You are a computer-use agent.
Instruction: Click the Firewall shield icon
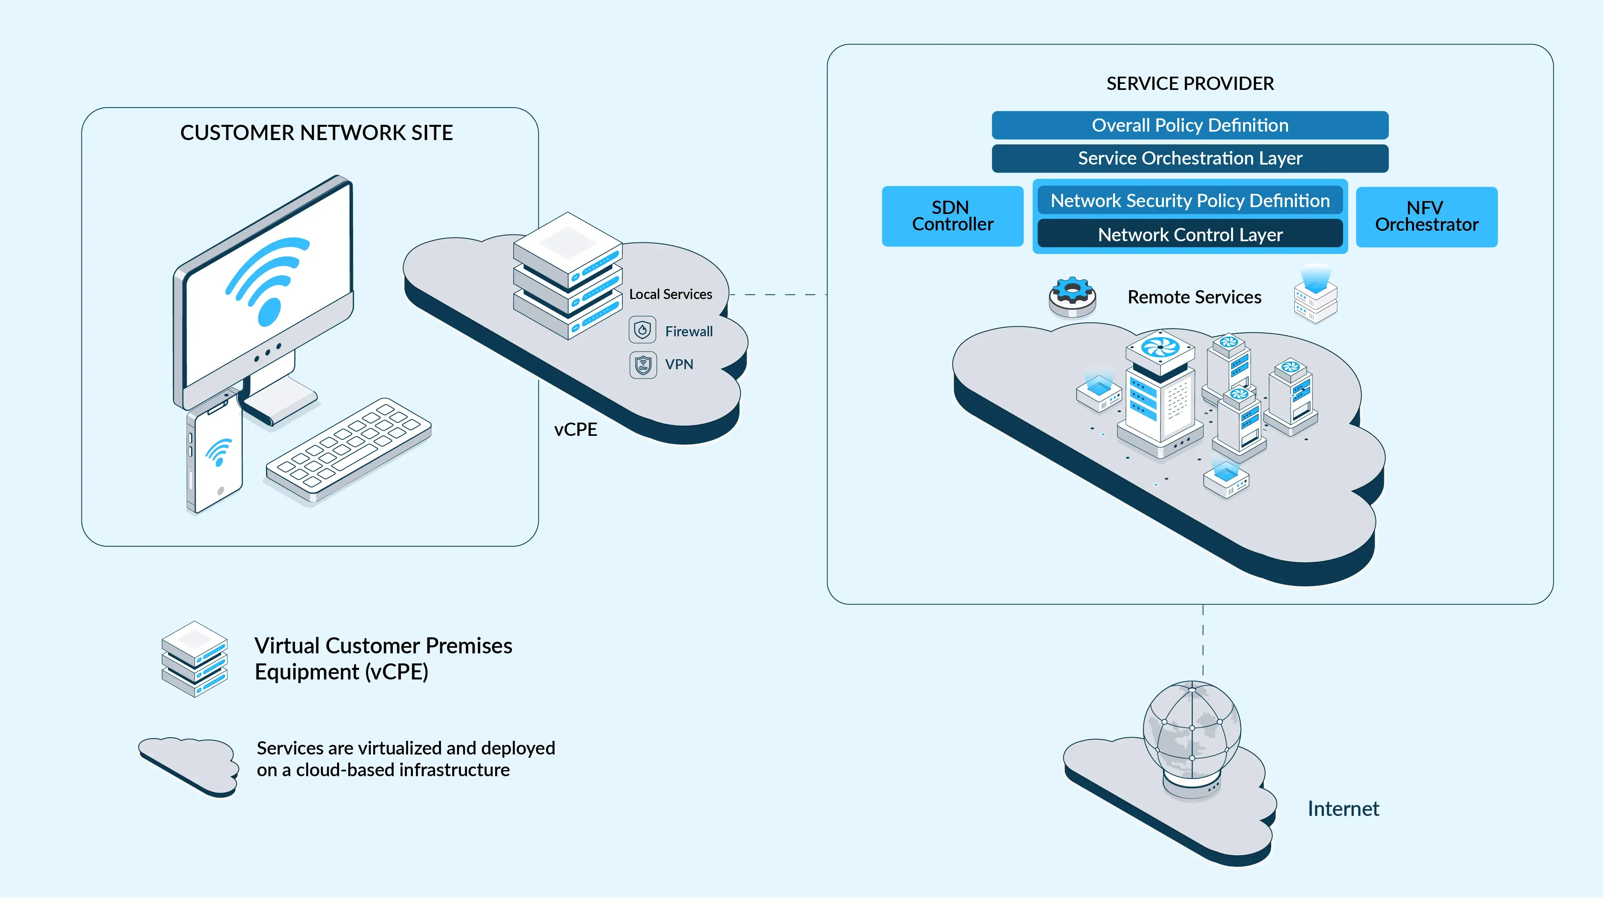coord(642,330)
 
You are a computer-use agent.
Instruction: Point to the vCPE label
coord(575,430)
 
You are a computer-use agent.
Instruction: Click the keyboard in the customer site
coord(349,450)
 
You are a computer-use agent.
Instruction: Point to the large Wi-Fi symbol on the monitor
coord(268,281)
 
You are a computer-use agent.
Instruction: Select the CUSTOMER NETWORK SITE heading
coord(317,133)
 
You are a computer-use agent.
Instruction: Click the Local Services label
coord(670,294)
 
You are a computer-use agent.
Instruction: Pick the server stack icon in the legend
coord(194,659)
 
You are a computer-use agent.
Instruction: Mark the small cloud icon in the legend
coord(189,765)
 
